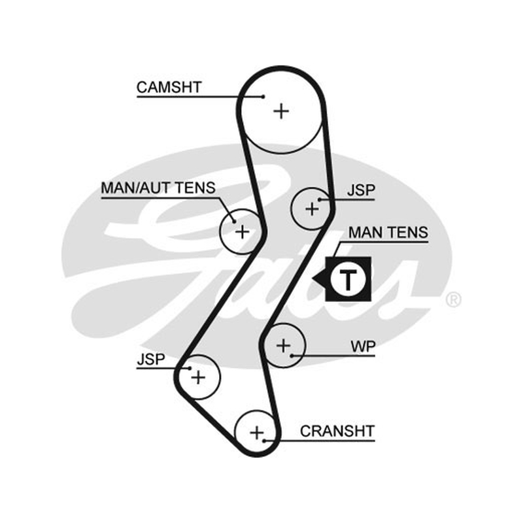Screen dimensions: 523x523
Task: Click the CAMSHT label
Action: pyautogui.click(x=169, y=88)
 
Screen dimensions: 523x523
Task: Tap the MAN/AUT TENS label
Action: pyautogui.click(x=158, y=188)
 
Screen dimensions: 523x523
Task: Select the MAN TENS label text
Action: pyautogui.click(x=388, y=233)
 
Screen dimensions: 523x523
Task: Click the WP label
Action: pyautogui.click(x=363, y=346)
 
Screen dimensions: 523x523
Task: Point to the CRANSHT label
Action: pyautogui.click(x=337, y=431)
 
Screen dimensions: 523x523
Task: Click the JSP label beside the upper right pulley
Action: pyautogui.click(x=362, y=190)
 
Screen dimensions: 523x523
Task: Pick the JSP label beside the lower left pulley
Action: pyautogui.click(x=151, y=359)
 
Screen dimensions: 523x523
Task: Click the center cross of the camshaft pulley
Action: pyautogui.click(x=281, y=111)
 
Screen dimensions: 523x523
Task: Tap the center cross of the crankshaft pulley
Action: pyautogui.click(x=257, y=433)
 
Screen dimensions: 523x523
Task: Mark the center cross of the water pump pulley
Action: pyautogui.click(x=284, y=346)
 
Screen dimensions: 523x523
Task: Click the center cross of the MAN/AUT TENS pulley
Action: pyautogui.click(x=243, y=232)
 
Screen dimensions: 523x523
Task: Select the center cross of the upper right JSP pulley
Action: pyautogui.click(x=312, y=209)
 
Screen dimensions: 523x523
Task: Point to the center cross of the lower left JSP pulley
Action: pyautogui.click(x=198, y=378)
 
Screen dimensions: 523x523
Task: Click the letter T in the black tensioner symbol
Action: pyautogui.click(x=348, y=279)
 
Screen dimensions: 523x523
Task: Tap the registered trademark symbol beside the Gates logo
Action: pyautogui.click(x=453, y=299)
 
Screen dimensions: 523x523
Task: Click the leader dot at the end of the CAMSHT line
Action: pyautogui.click(x=263, y=97)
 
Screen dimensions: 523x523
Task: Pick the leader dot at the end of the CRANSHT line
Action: pyautogui.click(x=264, y=441)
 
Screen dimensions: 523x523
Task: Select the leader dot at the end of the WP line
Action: pyautogui.click(x=292, y=356)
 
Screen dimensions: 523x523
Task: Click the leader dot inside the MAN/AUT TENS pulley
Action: pyautogui.click(x=235, y=222)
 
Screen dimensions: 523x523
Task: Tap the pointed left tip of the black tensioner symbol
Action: pyautogui.click(x=312, y=278)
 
